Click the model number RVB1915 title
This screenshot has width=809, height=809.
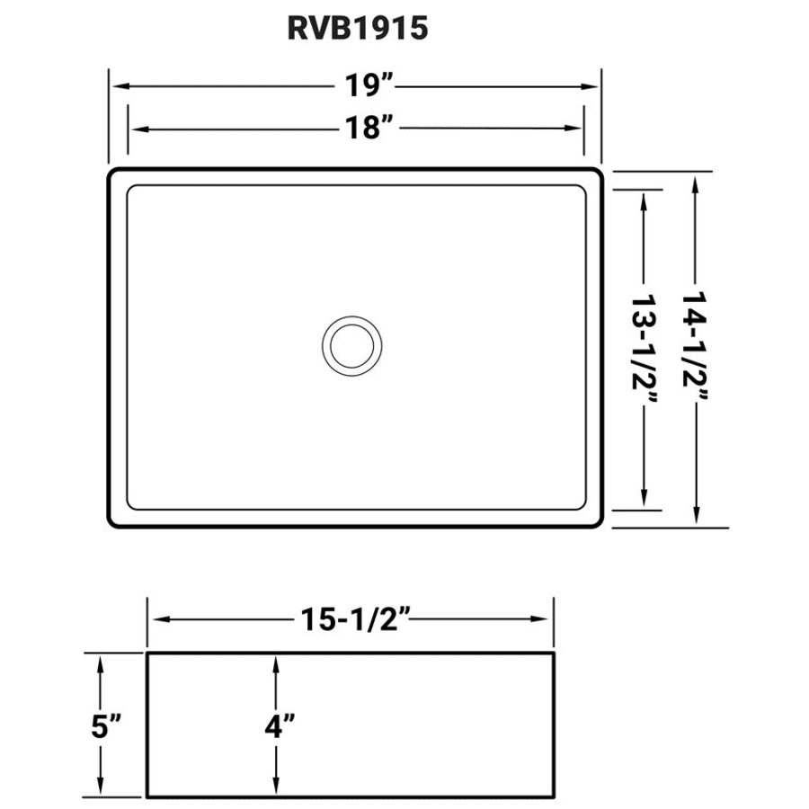(357, 29)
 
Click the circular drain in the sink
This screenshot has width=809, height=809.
(351, 344)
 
